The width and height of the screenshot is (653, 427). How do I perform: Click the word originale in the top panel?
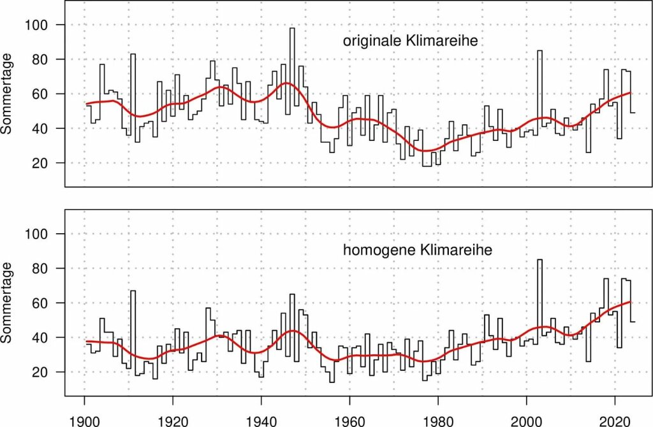(371, 42)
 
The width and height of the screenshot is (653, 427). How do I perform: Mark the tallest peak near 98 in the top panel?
(292, 29)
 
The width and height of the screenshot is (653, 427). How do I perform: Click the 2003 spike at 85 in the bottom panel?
(539, 260)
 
